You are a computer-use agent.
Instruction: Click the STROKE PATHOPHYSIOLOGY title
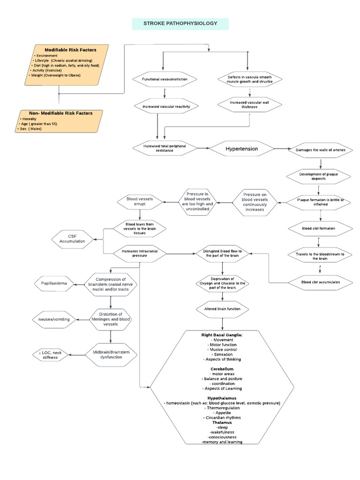point(180,23)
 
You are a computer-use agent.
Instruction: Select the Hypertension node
point(241,149)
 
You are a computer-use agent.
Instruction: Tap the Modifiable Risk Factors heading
point(70,50)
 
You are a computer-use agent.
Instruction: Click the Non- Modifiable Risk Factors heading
point(60,113)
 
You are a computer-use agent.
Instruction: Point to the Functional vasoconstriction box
point(165,79)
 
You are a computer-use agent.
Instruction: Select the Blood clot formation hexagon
point(318,229)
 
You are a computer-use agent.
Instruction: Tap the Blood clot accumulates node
point(321,282)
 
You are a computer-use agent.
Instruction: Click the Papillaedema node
point(56,283)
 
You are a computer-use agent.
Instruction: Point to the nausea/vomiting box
point(54,319)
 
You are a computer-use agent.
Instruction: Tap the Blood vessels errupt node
point(139,202)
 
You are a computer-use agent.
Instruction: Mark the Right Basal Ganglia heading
point(222,335)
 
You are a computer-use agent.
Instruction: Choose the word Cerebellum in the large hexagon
point(222,369)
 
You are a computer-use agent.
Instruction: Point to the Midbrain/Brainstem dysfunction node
point(111,355)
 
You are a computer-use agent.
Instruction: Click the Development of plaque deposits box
point(318,176)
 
